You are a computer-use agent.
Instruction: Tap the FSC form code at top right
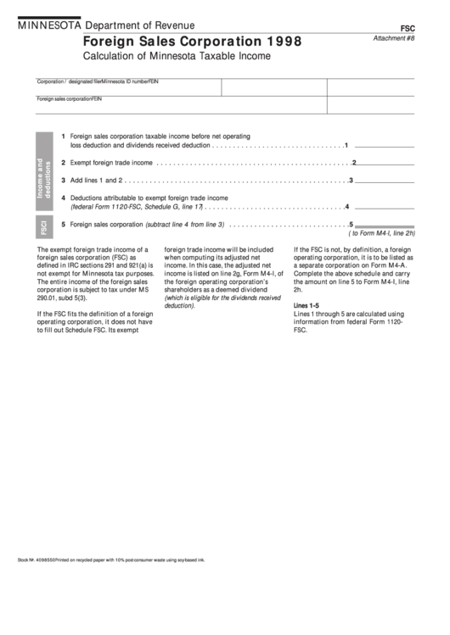pyautogui.click(x=407, y=28)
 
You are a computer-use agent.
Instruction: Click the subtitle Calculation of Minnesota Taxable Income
pyautogui.click(x=177, y=56)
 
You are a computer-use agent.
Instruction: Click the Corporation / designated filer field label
pyautogui.click(x=69, y=81)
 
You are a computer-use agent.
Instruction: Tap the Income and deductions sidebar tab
pyautogui.click(x=43, y=178)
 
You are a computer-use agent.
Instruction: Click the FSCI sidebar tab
pyautogui.click(x=43, y=226)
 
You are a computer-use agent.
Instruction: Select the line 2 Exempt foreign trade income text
pyautogui.click(x=111, y=163)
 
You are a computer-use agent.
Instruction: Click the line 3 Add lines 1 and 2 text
pyautogui.click(x=97, y=180)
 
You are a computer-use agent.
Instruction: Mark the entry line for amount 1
pyautogui.click(x=384, y=144)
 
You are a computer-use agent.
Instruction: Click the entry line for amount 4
pyautogui.click(x=384, y=206)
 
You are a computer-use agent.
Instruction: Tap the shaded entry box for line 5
pyautogui.click(x=385, y=226)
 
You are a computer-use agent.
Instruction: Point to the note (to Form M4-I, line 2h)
pyautogui.click(x=383, y=233)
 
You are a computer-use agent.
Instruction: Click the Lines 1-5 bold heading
pyautogui.click(x=306, y=305)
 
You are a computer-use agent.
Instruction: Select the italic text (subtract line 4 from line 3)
pyautogui.click(x=185, y=225)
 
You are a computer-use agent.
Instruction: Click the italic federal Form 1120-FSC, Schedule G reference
pyautogui.click(x=136, y=206)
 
